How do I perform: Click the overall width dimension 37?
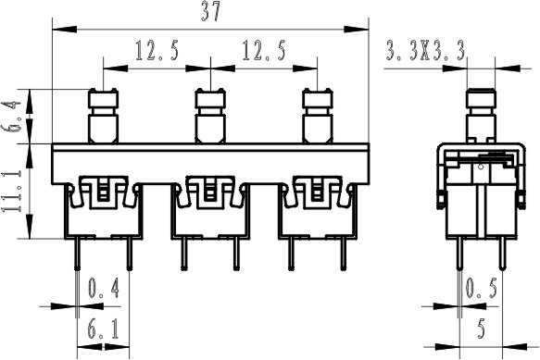click(210, 13)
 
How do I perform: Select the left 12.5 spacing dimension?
click(157, 51)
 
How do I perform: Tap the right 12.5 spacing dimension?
click(264, 51)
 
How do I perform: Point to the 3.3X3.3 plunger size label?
click(425, 51)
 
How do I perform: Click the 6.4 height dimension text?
click(12, 117)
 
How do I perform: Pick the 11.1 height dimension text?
click(12, 191)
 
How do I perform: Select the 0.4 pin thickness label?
click(104, 288)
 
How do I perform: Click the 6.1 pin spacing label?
click(104, 329)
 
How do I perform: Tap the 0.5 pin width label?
click(482, 288)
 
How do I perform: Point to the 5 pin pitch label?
click(482, 329)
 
